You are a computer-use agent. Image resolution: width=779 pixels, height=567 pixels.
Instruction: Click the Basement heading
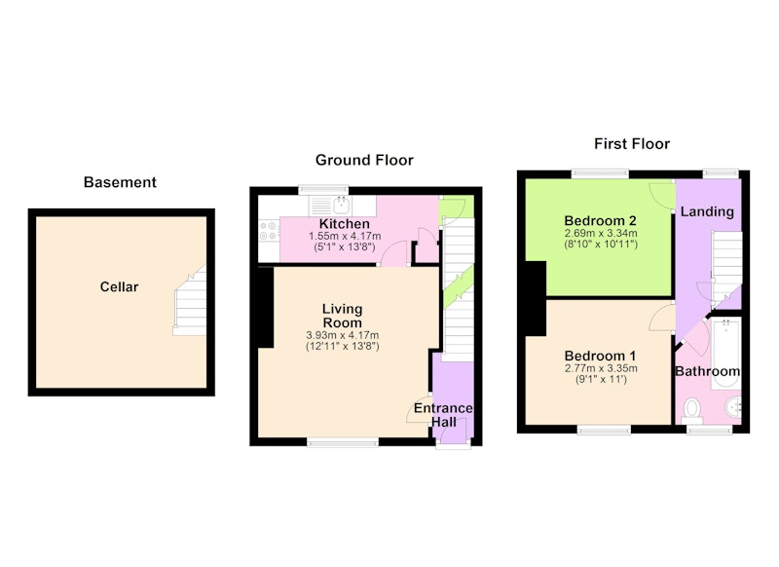pyautogui.click(x=120, y=182)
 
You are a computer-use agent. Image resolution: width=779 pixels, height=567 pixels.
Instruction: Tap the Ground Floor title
pyautogui.click(x=364, y=160)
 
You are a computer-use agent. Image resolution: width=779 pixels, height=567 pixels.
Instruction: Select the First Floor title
pyautogui.click(x=632, y=144)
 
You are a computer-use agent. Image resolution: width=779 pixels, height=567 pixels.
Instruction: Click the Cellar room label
pyautogui.click(x=119, y=286)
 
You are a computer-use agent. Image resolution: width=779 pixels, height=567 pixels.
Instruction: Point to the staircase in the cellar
pyautogui.click(x=190, y=302)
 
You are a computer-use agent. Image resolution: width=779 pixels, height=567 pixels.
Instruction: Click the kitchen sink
pyautogui.click(x=341, y=204)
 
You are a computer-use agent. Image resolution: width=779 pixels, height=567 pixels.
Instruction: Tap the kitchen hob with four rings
pyautogui.click(x=269, y=231)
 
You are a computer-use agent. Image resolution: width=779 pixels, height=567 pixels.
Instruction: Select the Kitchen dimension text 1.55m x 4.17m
pyautogui.click(x=345, y=236)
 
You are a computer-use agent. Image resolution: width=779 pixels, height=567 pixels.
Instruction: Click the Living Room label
pyautogui.click(x=343, y=316)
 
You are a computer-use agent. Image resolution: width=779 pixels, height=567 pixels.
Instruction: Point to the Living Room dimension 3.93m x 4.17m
pyautogui.click(x=343, y=335)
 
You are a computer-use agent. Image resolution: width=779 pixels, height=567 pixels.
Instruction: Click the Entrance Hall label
pyautogui.click(x=443, y=415)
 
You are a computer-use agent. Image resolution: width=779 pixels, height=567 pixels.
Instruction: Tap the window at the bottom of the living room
pyautogui.click(x=343, y=441)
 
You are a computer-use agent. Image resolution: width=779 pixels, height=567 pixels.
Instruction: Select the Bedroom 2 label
pyautogui.click(x=600, y=220)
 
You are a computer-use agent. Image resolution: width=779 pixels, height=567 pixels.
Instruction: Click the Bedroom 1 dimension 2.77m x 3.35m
pyautogui.click(x=601, y=368)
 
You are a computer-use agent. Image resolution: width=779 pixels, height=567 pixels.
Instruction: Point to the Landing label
pyautogui.click(x=707, y=212)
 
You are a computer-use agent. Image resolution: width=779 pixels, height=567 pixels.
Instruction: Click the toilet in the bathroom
pyautogui.click(x=691, y=410)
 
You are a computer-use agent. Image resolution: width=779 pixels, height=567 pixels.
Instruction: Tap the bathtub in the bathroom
pyautogui.click(x=725, y=354)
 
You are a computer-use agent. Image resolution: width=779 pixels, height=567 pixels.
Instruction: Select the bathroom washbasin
pyautogui.click(x=734, y=408)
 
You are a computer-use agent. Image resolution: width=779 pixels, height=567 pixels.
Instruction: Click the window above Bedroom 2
pyautogui.click(x=600, y=174)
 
